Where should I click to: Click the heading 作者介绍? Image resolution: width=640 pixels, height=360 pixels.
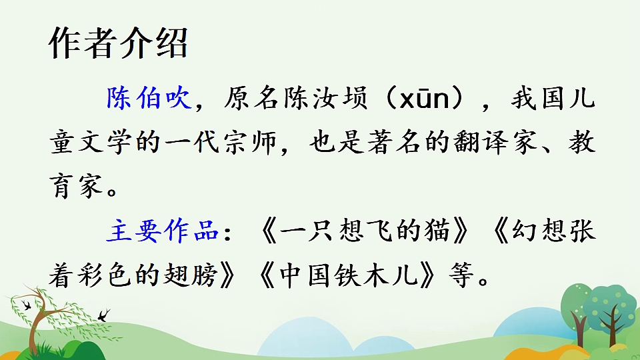click(x=119, y=45)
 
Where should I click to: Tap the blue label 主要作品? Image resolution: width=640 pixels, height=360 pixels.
click(x=162, y=231)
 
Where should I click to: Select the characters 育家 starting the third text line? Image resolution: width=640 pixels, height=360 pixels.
click(x=75, y=187)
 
